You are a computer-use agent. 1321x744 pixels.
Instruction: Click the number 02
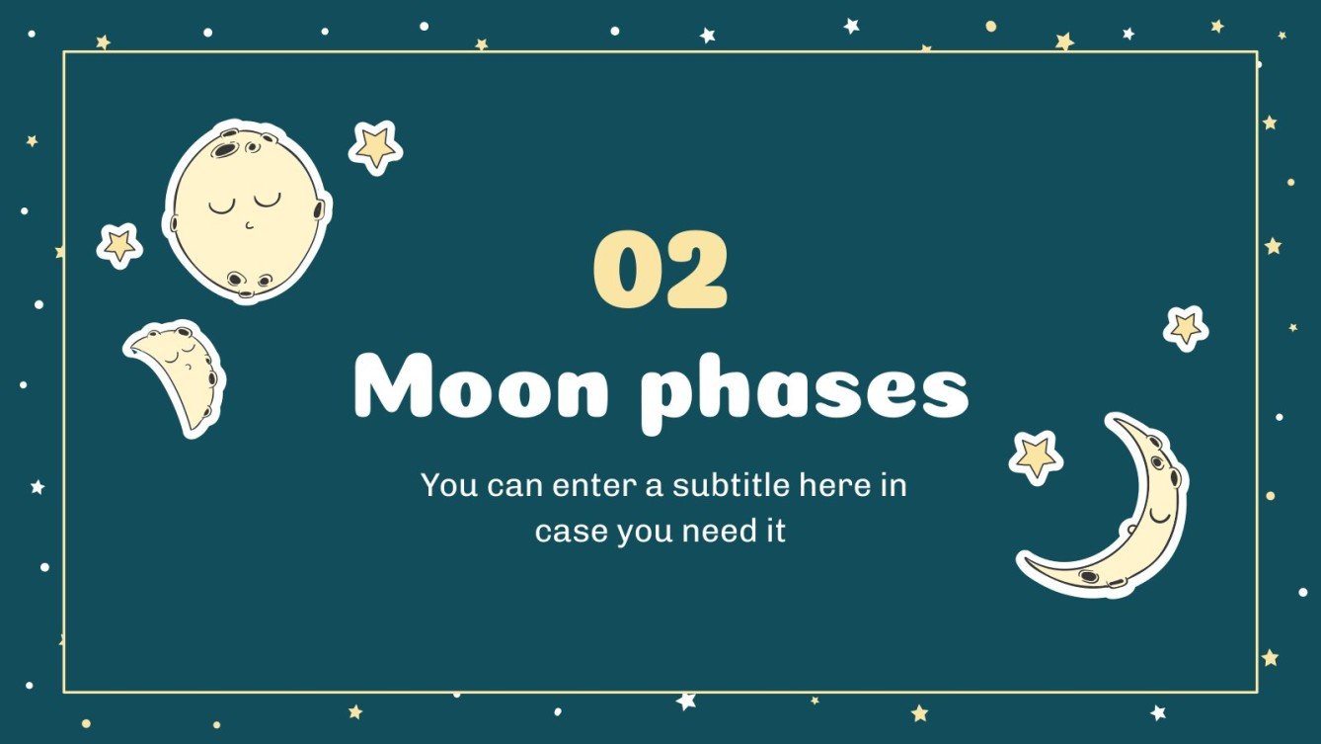pos(660,269)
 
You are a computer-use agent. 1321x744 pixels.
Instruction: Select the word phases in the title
pos(806,390)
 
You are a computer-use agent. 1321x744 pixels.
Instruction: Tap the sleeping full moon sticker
pos(247,212)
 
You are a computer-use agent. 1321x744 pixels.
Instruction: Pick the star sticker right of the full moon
pos(375,147)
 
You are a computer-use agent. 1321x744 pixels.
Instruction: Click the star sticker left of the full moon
pos(119,244)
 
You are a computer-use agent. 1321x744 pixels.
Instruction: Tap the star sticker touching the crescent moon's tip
pos(1036,455)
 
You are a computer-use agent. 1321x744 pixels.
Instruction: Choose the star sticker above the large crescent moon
pos(1185,327)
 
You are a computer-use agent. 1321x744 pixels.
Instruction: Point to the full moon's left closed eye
pos(223,207)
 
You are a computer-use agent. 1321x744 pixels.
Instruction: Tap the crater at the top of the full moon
pos(227,150)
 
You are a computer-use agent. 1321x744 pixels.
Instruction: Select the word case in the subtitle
pos(572,532)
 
